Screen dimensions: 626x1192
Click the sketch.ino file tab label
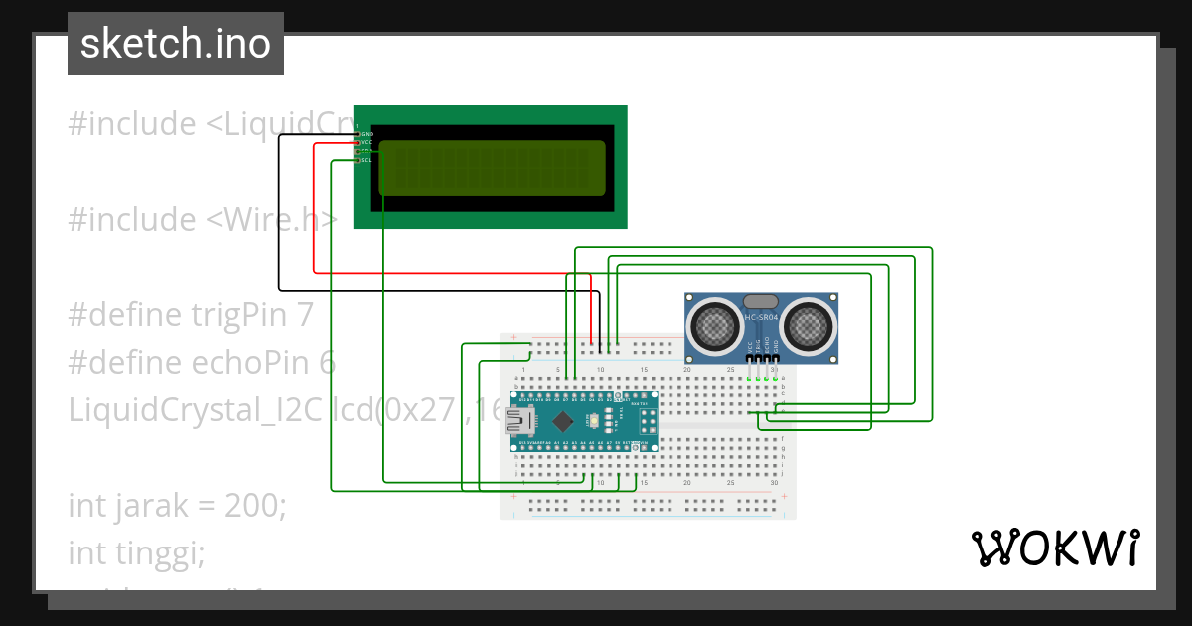(x=176, y=44)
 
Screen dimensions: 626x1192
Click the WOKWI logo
(x=1055, y=548)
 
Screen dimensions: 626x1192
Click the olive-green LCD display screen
(x=492, y=167)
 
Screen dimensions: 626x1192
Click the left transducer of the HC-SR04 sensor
(x=715, y=324)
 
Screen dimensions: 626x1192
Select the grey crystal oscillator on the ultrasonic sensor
(x=761, y=301)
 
